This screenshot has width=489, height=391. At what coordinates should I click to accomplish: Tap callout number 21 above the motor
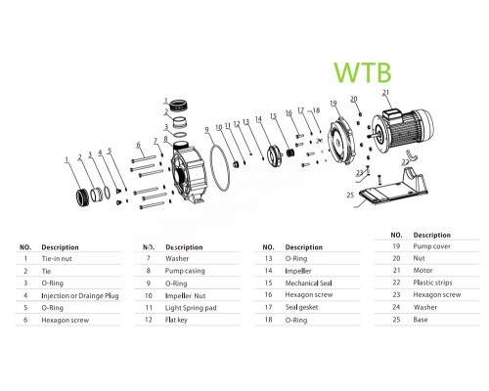click(384, 94)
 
